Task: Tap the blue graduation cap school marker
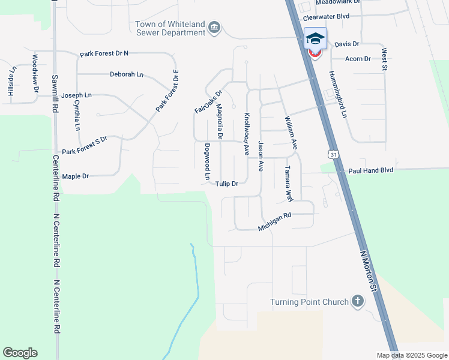click(x=315, y=38)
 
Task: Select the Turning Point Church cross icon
click(x=358, y=301)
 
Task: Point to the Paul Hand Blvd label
click(x=370, y=170)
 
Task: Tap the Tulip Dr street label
click(x=228, y=184)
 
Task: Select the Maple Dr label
click(x=76, y=176)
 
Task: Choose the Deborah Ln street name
click(x=127, y=74)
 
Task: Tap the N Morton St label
click(x=368, y=272)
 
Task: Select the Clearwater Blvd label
click(x=326, y=16)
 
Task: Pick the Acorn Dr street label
click(x=358, y=59)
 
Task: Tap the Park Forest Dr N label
click(x=104, y=54)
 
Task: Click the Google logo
click(x=20, y=353)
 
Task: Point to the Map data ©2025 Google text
click(x=411, y=355)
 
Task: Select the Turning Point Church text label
click(x=309, y=302)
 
